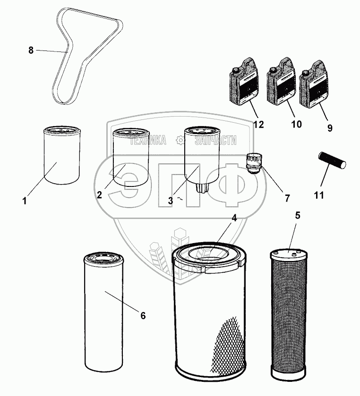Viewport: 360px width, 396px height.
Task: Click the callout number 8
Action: tap(31, 51)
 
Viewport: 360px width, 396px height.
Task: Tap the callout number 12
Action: tap(258, 125)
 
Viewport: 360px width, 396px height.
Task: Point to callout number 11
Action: tap(319, 194)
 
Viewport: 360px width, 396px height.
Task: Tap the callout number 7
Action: tap(287, 198)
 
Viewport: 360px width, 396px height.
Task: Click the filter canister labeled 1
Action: tap(62, 156)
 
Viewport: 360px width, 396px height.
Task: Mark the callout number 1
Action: tap(24, 201)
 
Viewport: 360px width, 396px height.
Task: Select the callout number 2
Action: tap(100, 195)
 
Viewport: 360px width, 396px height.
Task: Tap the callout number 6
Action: tap(143, 315)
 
